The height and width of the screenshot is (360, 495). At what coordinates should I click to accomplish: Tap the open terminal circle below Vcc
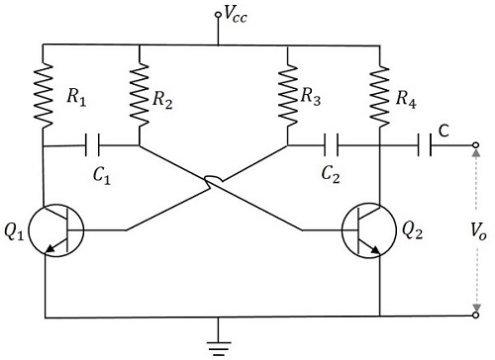[x=217, y=16]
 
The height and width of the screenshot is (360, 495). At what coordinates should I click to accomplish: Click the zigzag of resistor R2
[x=140, y=94]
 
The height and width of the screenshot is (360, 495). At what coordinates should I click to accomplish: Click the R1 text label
[x=77, y=97]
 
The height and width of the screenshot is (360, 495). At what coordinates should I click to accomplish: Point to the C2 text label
[x=332, y=176]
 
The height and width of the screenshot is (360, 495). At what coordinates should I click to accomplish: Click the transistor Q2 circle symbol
[x=369, y=231]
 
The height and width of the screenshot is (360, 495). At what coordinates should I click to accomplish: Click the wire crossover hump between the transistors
[x=213, y=180]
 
